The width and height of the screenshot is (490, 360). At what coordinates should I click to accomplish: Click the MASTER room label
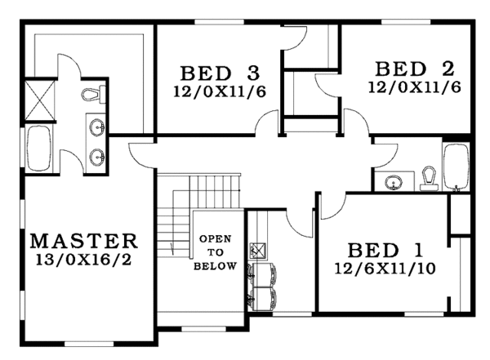pos(84,241)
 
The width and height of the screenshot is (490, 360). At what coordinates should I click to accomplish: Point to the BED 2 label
pos(409,67)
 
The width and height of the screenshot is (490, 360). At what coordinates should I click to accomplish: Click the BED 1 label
pos(385,250)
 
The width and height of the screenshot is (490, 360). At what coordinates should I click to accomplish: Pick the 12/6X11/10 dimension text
pos(385,268)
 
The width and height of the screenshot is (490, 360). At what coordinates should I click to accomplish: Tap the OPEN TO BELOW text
pos(216,252)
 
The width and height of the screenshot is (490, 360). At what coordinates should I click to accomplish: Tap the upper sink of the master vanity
pos(97,127)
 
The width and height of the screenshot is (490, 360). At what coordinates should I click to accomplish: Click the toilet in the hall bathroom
pos(429,178)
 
